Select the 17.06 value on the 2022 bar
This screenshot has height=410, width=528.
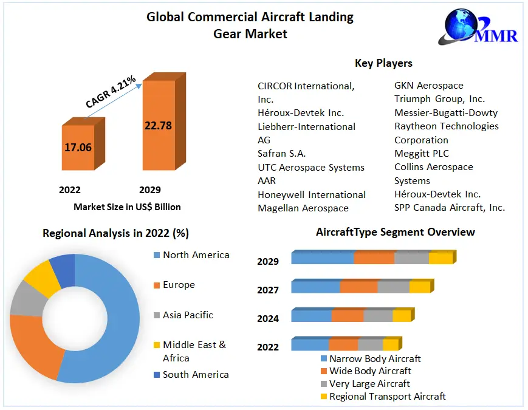point(78,146)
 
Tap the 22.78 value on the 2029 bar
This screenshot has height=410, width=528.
point(158,126)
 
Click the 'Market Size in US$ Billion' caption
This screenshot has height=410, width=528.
point(127,207)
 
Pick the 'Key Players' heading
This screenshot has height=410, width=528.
point(383,63)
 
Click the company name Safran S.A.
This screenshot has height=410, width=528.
point(282,154)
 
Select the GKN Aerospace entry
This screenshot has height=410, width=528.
point(428,86)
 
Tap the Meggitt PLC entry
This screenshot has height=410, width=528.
point(422,154)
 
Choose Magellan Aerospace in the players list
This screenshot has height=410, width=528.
point(303,208)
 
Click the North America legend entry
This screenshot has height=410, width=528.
point(196,255)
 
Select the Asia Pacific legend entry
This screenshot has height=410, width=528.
point(188,315)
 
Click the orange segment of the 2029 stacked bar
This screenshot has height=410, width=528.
point(374,258)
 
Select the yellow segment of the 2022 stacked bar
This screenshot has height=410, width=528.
point(390,344)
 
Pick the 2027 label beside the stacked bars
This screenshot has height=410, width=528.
point(268,290)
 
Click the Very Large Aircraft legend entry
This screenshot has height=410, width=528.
point(369,384)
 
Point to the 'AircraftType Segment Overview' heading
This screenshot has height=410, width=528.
point(396,232)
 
